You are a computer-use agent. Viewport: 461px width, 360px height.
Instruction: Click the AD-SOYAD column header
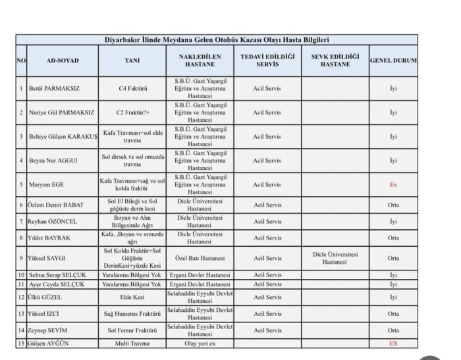click(x=63, y=61)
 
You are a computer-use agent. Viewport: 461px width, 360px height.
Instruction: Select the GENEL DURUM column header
click(x=393, y=61)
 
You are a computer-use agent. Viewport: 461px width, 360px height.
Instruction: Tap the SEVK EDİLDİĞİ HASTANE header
click(x=335, y=61)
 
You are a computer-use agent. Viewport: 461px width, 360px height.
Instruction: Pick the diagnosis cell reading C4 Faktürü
click(x=132, y=88)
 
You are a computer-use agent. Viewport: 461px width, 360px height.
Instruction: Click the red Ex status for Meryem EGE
click(x=393, y=185)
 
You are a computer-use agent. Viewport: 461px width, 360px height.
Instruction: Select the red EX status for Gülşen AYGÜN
click(x=393, y=344)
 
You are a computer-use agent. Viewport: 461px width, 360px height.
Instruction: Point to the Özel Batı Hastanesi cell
click(x=197, y=258)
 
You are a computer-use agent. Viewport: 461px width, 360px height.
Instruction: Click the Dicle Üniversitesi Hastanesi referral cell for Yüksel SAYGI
click(x=335, y=258)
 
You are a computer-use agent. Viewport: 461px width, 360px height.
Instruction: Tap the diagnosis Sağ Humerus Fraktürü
click(x=132, y=314)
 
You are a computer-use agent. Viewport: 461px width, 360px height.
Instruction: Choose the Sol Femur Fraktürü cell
click(x=132, y=330)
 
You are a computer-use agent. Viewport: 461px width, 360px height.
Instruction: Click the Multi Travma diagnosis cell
click(x=132, y=344)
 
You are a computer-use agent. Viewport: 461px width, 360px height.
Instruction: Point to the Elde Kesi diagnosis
click(x=132, y=297)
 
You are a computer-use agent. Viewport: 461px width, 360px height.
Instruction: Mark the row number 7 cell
click(x=21, y=221)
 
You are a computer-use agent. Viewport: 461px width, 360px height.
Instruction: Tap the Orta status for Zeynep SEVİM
click(x=393, y=330)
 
